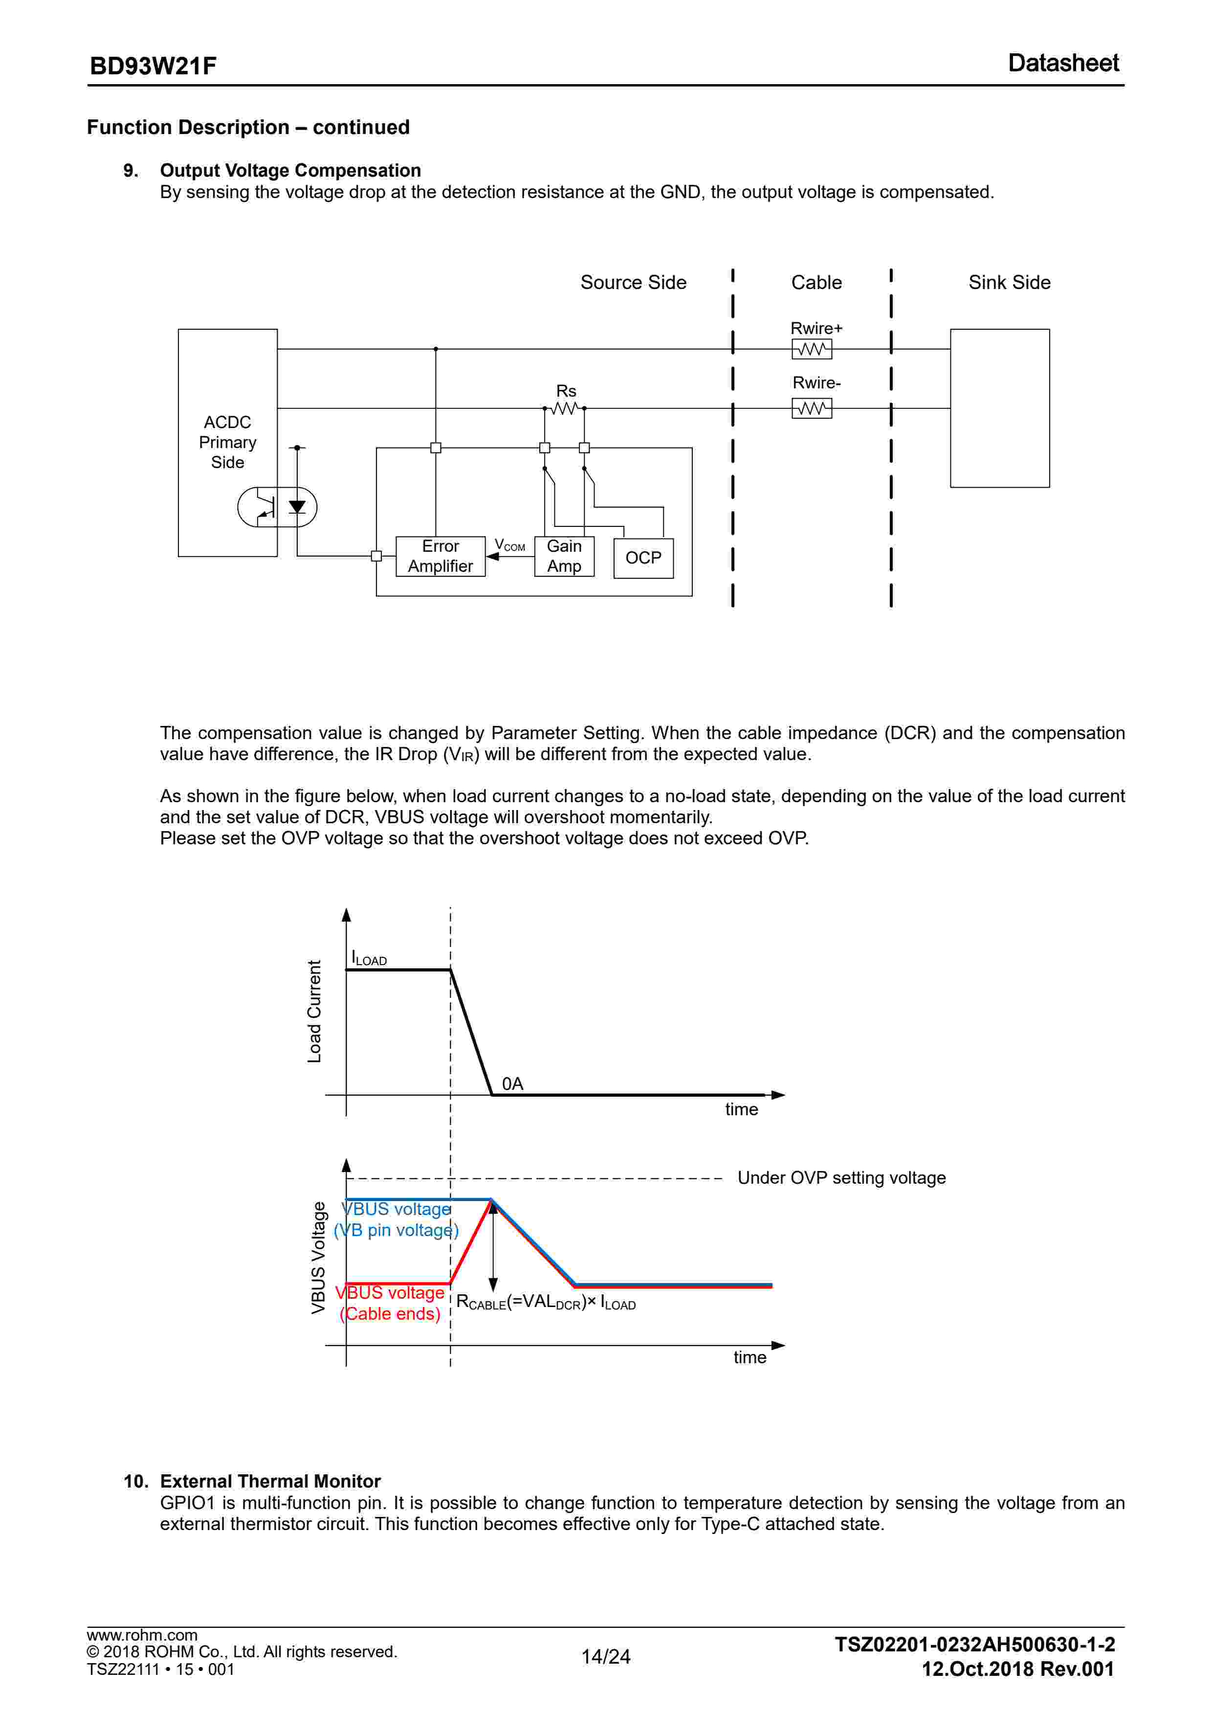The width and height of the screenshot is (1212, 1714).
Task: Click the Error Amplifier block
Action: click(441, 556)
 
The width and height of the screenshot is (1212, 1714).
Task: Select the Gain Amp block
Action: click(564, 556)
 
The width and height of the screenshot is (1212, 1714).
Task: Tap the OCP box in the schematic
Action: click(643, 558)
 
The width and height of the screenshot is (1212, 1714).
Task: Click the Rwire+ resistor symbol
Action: click(812, 349)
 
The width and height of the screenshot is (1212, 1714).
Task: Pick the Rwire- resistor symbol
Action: click(812, 408)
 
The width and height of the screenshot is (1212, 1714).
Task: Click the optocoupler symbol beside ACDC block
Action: click(277, 507)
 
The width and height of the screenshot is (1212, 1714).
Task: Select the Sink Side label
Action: click(1009, 282)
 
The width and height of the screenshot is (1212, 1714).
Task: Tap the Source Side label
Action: click(634, 282)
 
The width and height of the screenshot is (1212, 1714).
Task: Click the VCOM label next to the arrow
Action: click(510, 545)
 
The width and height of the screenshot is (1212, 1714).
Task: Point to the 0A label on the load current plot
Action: click(513, 1083)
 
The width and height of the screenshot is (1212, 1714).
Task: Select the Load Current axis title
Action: click(314, 1012)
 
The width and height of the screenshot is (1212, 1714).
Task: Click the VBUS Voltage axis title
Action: click(319, 1258)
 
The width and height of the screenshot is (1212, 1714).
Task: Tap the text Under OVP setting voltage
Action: click(842, 1177)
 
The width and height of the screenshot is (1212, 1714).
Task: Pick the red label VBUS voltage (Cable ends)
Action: click(390, 1303)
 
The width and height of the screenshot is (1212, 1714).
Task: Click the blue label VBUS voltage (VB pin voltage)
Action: click(397, 1219)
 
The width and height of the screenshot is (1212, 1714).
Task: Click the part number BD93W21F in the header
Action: click(153, 66)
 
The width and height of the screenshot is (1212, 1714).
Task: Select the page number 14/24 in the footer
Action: click(606, 1656)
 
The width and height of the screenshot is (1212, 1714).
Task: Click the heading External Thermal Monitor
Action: click(270, 1481)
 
